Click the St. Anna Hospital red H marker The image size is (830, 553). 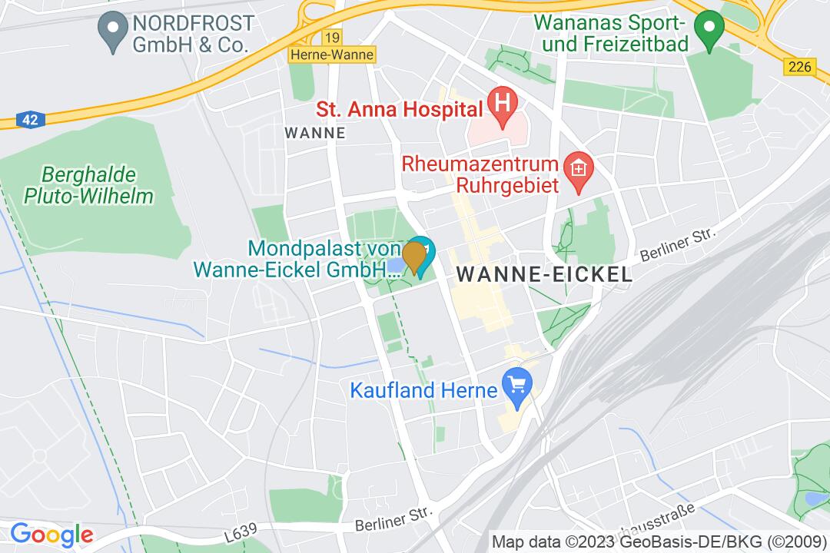[503, 102]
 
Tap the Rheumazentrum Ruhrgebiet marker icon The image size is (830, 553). [575, 167]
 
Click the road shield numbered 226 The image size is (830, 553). [799, 68]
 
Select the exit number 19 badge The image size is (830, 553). [332, 38]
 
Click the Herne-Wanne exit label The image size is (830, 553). [332, 55]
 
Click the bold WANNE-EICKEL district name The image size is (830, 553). [544, 274]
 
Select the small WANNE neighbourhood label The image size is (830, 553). [315, 133]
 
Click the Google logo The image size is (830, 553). [51, 534]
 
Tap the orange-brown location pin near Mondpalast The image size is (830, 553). [415, 257]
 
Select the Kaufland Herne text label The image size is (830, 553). [424, 390]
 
